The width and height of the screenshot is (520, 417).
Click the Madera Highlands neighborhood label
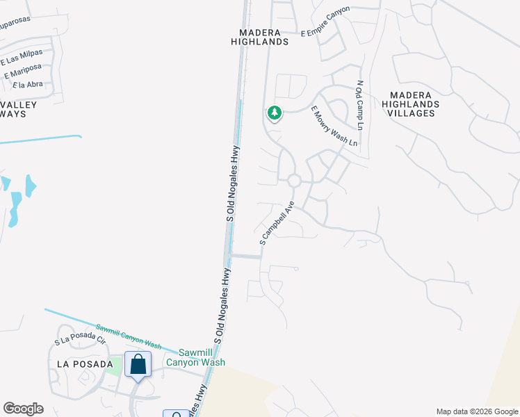pyautogui.click(x=259, y=37)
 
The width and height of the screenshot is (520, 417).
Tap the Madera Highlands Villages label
pyautogui.click(x=410, y=104)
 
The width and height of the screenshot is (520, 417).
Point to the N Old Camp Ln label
pyautogui.click(x=360, y=106)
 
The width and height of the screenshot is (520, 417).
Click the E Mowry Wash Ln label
pyautogui.click(x=334, y=126)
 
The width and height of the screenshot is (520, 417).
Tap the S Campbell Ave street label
pyautogui.click(x=277, y=223)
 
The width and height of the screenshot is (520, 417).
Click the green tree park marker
pyautogui.click(x=275, y=113)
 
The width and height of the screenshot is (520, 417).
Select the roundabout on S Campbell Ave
pyautogui.click(x=294, y=181)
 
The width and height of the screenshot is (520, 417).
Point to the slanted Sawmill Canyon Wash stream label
pyautogui.click(x=129, y=337)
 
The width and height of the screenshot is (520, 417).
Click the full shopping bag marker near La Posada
pyautogui.click(x=138, y=363)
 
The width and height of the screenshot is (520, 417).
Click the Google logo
pyautogui.click(x=23, y=409)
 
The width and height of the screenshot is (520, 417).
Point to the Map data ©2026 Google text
pyautogui.click(x=477, y=411)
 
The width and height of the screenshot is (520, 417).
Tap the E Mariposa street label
pyautogui.click(x=23, y=71)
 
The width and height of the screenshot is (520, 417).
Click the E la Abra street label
pyautogui.click(x=28, y=85)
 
